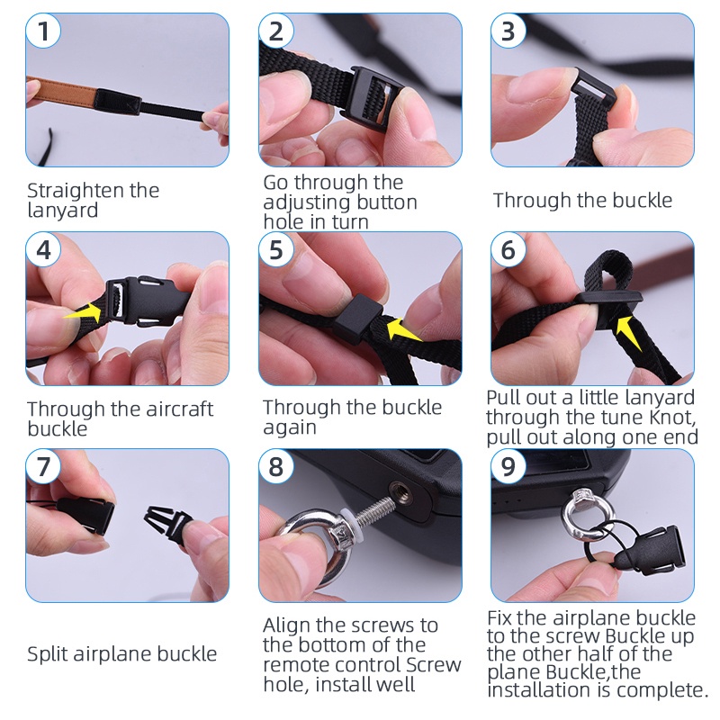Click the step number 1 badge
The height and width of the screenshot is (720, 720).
(43, 31)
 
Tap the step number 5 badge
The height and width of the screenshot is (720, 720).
(276, 250)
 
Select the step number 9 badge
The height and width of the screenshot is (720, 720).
(508, 466)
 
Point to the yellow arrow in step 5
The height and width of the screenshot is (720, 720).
(403, 328)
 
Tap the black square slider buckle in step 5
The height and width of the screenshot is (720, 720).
(357, 321)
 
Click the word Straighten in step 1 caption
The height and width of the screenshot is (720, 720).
(75, 191)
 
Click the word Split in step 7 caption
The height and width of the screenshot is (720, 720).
(48, 654)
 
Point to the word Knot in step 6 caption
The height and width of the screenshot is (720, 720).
(672, 418)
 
